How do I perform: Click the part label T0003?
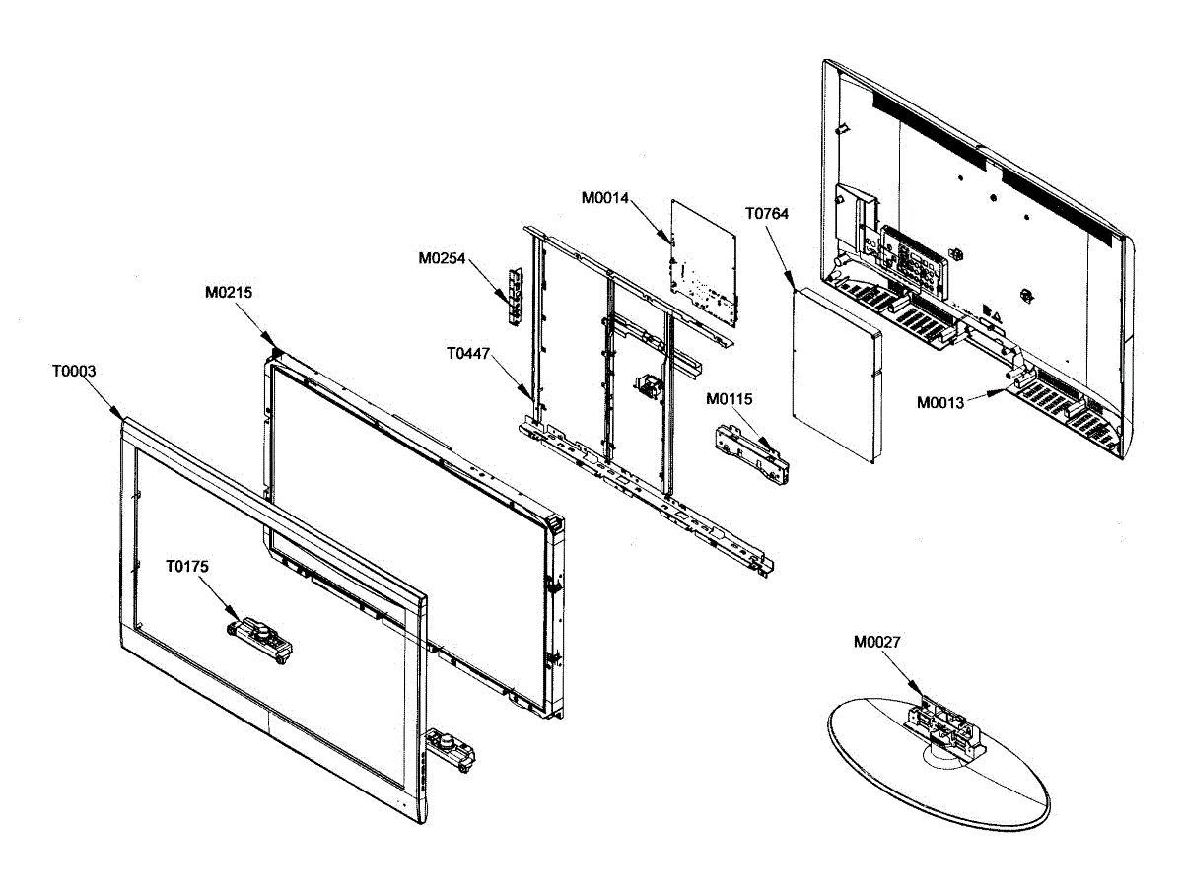(74, 372)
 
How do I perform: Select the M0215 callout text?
(228, 292)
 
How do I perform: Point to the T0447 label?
(470, 352)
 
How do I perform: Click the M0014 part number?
(604, 198)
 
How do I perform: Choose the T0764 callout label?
(767, 213)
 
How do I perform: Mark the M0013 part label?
(941, 402)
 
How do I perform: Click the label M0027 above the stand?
(877, 642)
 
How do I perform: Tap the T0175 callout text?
(187, 567)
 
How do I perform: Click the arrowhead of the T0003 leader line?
(122, 418)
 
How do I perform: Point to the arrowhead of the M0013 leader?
(1008, 390)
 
